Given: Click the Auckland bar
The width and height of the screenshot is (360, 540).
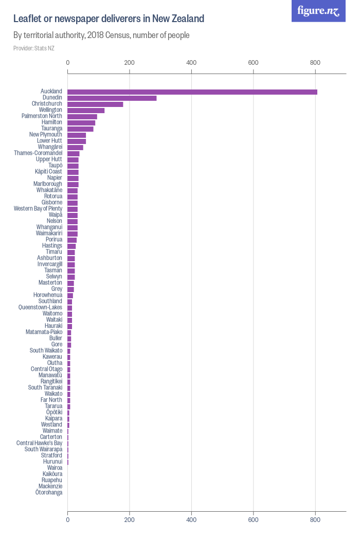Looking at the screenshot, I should tap(192, 92).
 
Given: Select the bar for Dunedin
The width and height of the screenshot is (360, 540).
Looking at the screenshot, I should tap(112, 98).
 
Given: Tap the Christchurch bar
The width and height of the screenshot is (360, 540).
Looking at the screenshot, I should tap(95, 104).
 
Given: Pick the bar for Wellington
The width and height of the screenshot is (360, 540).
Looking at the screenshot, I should tap(86, 110).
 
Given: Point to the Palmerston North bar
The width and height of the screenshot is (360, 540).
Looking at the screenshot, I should tap(82, 116).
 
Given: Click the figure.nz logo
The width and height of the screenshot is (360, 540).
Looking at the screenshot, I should tap(318, 11).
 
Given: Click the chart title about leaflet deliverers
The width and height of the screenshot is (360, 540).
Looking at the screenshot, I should tap(109, 19).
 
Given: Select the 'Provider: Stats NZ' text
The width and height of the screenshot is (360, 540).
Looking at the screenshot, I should tap(34, 48).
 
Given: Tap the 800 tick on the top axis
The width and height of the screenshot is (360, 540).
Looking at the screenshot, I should tap(315, 63).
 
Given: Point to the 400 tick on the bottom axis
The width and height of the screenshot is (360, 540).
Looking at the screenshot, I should tap(191, 520).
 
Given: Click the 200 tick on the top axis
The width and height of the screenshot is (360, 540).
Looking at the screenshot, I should tap(130, 63).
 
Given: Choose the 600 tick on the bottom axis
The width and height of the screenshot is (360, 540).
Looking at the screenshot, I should tap(253, 520).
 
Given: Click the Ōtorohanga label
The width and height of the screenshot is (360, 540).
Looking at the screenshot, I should tap(49, 493).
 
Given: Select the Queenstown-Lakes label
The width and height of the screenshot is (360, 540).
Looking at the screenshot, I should tap(40, 308).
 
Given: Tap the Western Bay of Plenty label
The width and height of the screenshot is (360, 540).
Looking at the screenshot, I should tap(38, 209).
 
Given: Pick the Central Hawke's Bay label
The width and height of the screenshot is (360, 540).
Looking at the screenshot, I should tap(39, 443).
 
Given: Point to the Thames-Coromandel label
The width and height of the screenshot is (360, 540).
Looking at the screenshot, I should tap(38, 153).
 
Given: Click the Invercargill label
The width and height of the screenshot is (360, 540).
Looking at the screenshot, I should tap(50, 264).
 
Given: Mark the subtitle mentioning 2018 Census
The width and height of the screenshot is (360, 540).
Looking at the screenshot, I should tap(101, 35).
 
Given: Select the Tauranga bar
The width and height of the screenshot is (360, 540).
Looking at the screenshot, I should tap(80, 129).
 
